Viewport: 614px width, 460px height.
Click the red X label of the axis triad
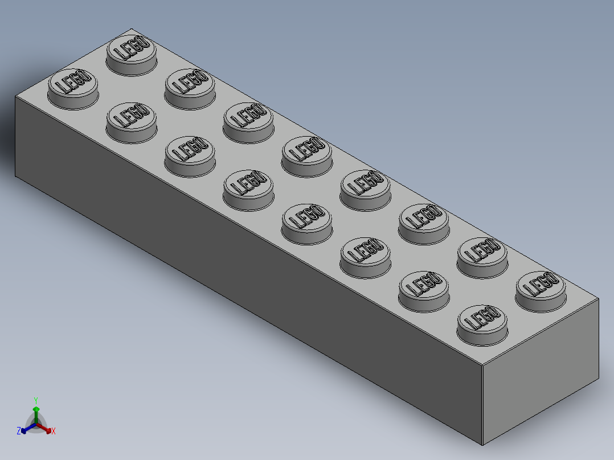[53, 432]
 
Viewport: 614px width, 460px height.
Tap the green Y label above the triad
[35, 400]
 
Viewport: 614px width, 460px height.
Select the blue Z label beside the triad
[19, 431]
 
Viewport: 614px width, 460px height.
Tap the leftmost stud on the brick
[72, 88]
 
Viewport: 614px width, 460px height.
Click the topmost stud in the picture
[132, 54]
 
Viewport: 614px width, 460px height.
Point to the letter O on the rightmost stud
[551, 278]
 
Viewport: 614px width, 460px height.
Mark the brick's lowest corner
[482, 444]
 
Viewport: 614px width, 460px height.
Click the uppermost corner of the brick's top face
[132, 28]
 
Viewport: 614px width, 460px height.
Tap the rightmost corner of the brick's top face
[599, 298]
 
